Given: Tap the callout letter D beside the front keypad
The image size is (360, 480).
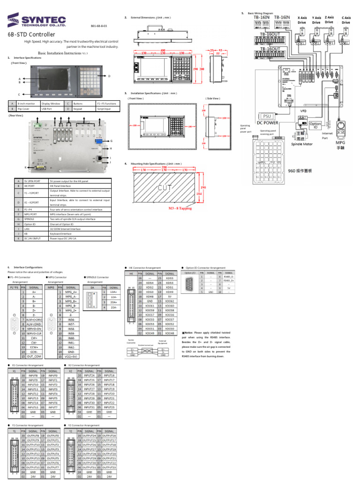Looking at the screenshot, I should point(109,76).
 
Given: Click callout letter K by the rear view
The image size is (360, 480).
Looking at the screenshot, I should point(26,167).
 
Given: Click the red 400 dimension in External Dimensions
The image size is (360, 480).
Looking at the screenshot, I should point(163,50).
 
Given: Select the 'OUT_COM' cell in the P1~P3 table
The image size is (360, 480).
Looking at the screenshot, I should point(34,356).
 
